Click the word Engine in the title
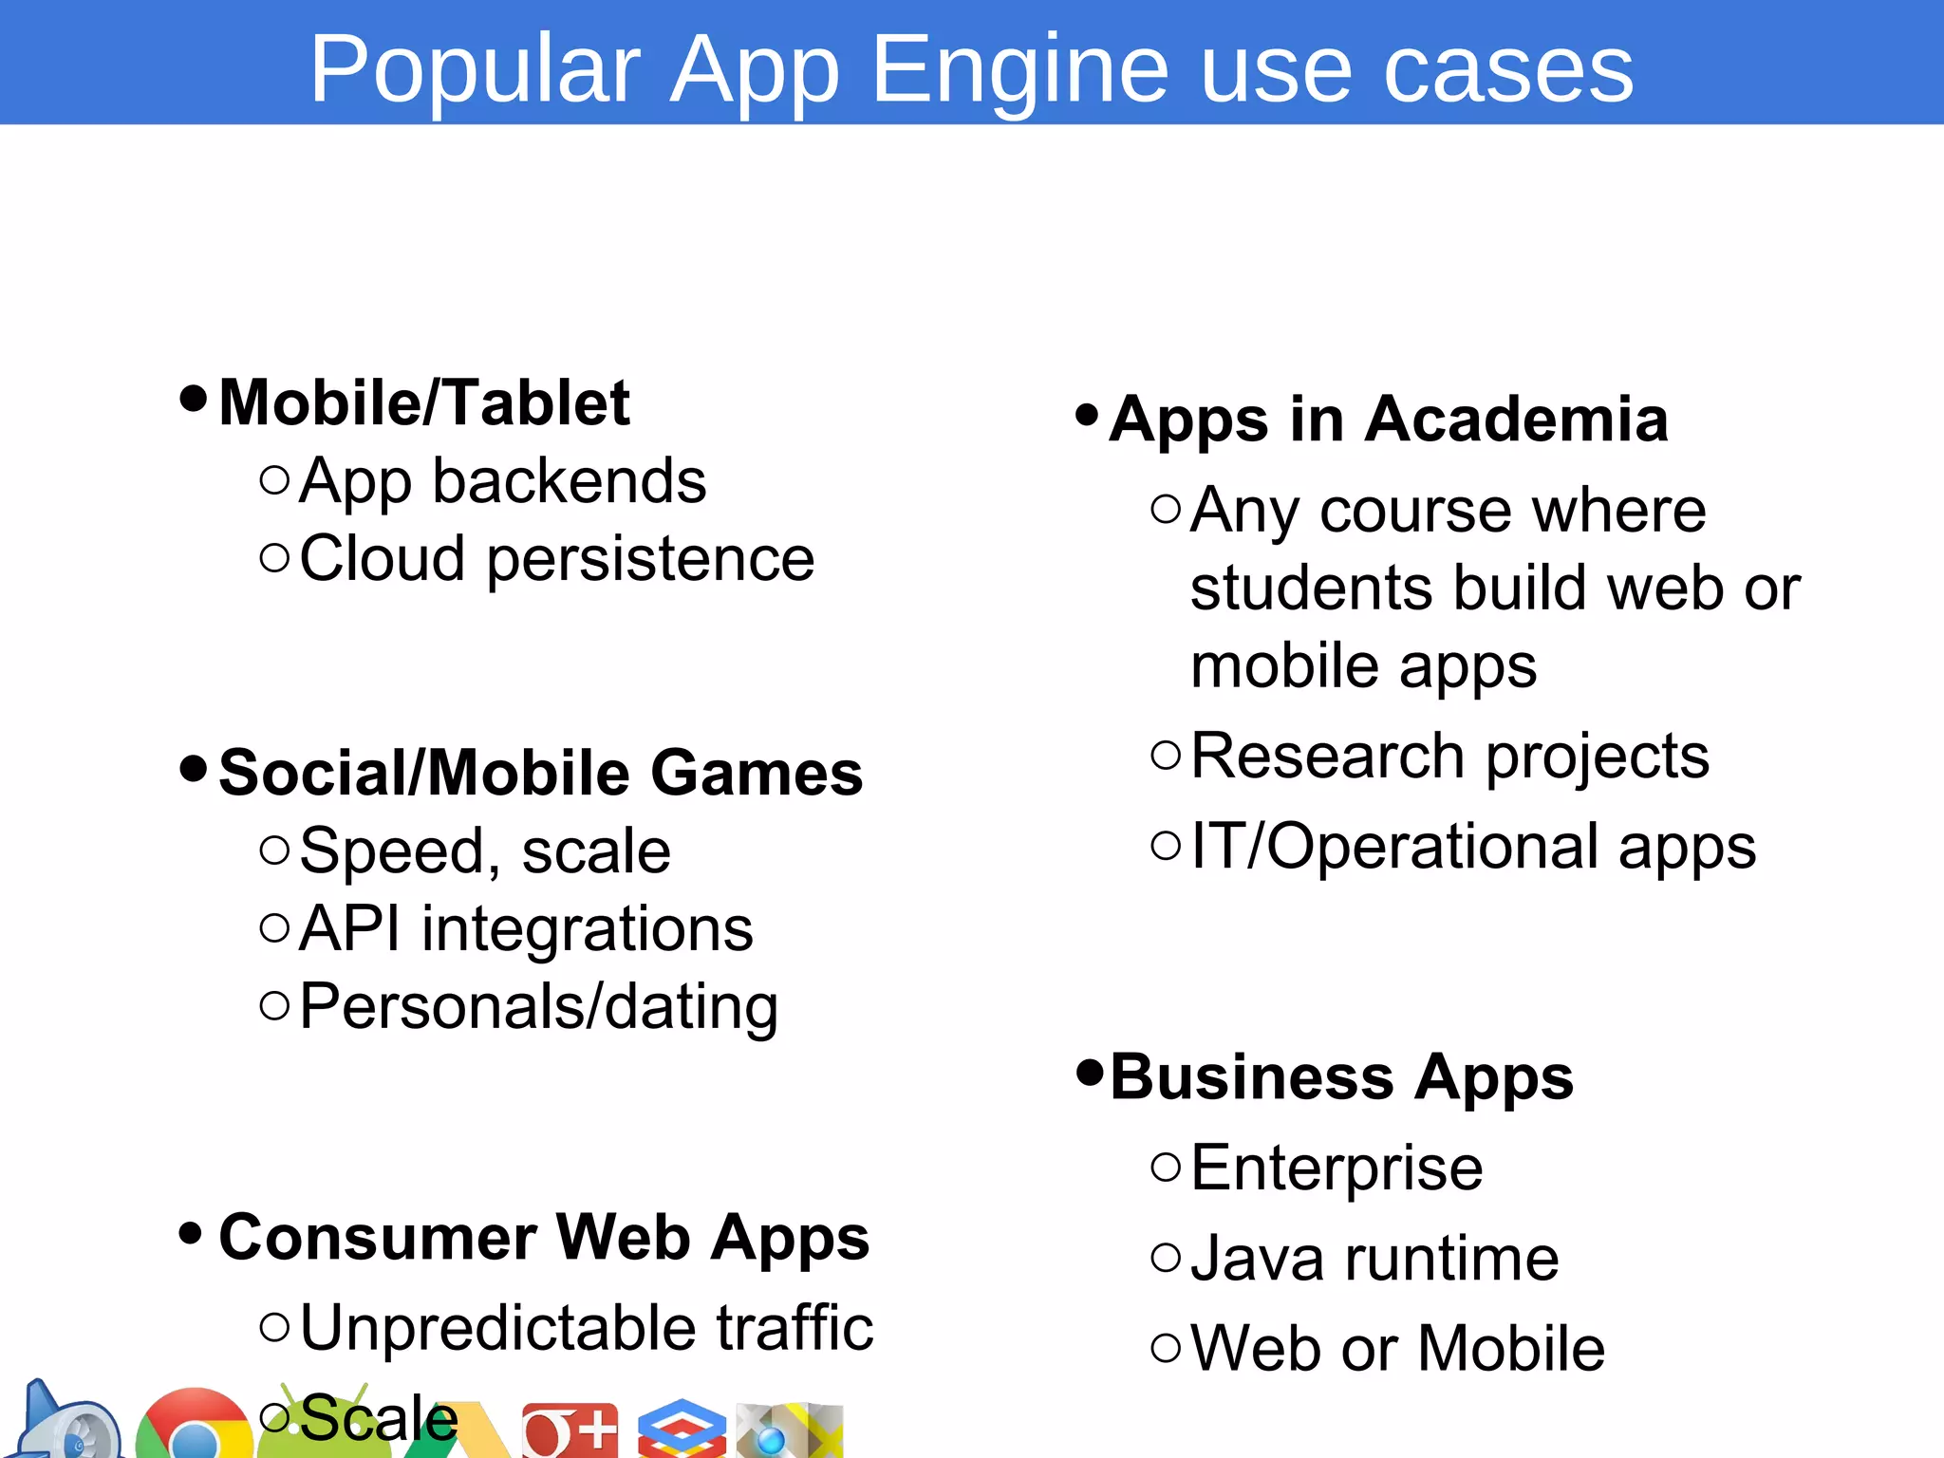(x=1019, y=70)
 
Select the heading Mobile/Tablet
(x=424, y=402)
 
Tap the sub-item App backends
(x=502, y=481)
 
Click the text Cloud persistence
(x=556, y=558)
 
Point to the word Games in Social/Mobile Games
(x=757, y=773)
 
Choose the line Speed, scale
(x=484, y=850)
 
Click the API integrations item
(x=526, y=928)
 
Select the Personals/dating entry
(x=538, y=1006)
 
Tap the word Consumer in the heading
(x=378, y=1238)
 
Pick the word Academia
(x=1516, y=420)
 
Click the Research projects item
(x=1449, y=757)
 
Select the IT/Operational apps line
(x=1472, y=846)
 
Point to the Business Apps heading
(x=1341, y=1077)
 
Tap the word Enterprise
(x=1336, y=1168)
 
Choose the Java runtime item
(x=1374, y=1259)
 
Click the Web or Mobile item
(x=1397, y=1348)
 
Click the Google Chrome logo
(x=194, y=1427)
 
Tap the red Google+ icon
(x=570, y=1430)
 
